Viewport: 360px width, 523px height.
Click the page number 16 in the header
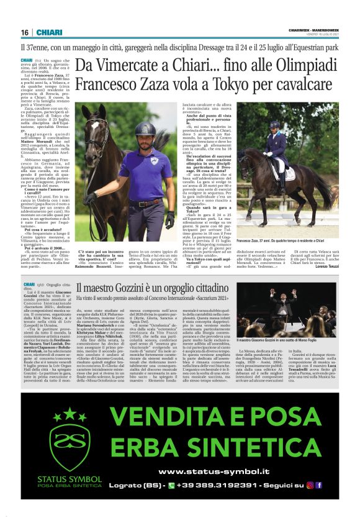[25, 32]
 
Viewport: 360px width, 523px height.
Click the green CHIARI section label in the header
[48, 32]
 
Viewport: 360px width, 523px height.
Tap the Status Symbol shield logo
[60, 435]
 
